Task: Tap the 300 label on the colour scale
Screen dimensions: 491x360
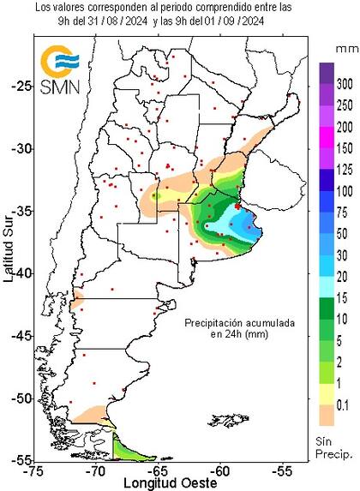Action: coord(344,85)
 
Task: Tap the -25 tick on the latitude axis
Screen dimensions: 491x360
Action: coord(20,86)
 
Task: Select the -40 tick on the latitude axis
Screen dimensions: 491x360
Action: coord(20,272)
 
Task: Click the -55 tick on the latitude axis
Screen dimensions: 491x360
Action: coord(20,460)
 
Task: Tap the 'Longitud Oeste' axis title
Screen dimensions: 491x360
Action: coord(156,482)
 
